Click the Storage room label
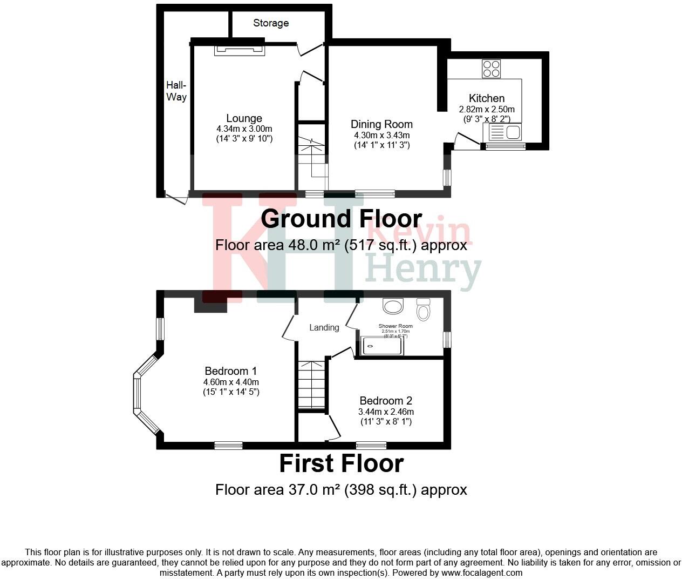click(271, 23)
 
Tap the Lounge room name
click(244, 118)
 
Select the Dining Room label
click(381, 124)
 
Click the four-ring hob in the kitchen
click(492, 69)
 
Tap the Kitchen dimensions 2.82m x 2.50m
click(487, 109)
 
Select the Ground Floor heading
click(341, 219)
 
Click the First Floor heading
click(341, 463)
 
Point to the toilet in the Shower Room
click(424, 309)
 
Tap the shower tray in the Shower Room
click(383, 346)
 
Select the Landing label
click(324, 327)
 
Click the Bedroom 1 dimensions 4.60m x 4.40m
click(231, 382)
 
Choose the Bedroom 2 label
click(386, 401)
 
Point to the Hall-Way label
click(176, 91)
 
